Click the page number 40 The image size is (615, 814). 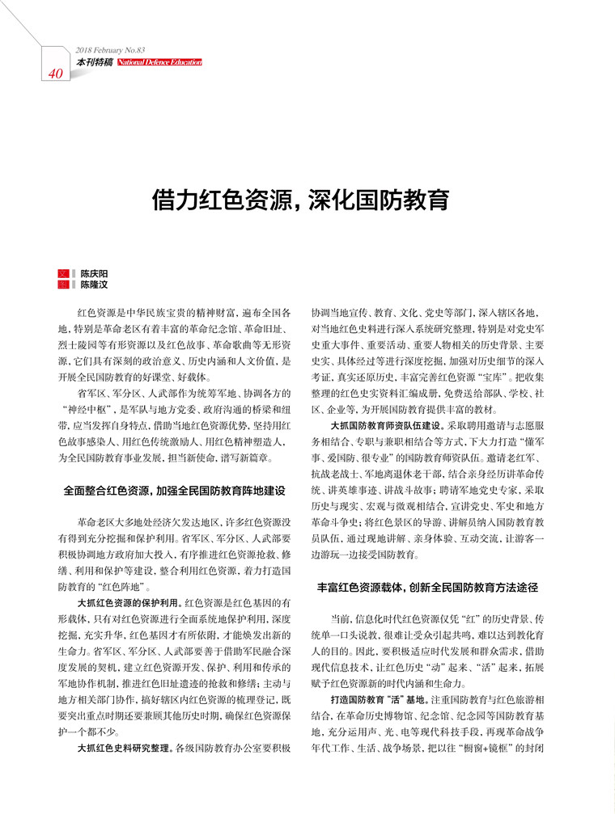pyautogui.click(x=56, y=74)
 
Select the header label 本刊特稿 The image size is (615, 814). pyautogui.click(x=95, y=62)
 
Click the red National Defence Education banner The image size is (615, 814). pyautogui.click(x=159, y=62)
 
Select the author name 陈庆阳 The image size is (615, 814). pyautogui.click(x=94, y=274)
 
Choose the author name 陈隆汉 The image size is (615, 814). pyautogui.click(x=94, y=285)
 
